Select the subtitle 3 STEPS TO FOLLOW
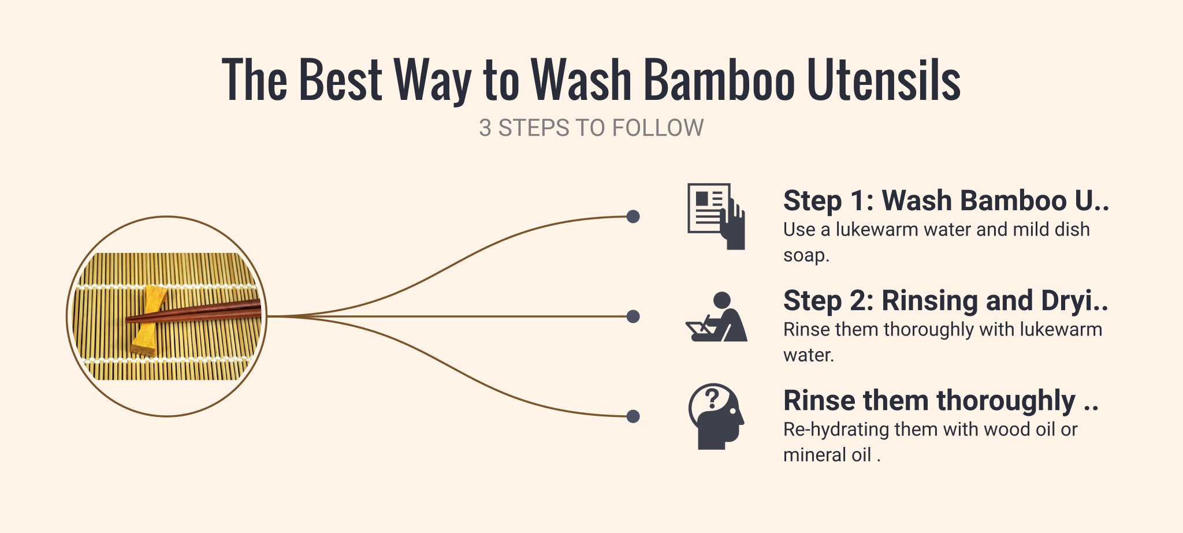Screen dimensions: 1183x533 591,128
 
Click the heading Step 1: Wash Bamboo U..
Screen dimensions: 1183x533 946,201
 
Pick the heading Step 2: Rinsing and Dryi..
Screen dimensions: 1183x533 946,301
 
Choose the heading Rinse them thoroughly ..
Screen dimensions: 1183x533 941,401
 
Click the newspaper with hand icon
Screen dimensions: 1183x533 716,216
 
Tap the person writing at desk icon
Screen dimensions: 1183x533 716,316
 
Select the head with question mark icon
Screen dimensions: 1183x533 716,416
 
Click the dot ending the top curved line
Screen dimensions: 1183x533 633,217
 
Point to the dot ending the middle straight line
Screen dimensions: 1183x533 633,316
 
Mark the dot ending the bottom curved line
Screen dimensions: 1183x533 633,416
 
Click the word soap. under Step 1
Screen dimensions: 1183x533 806,255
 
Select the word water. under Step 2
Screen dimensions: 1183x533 809,355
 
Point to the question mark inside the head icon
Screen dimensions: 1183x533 712,398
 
